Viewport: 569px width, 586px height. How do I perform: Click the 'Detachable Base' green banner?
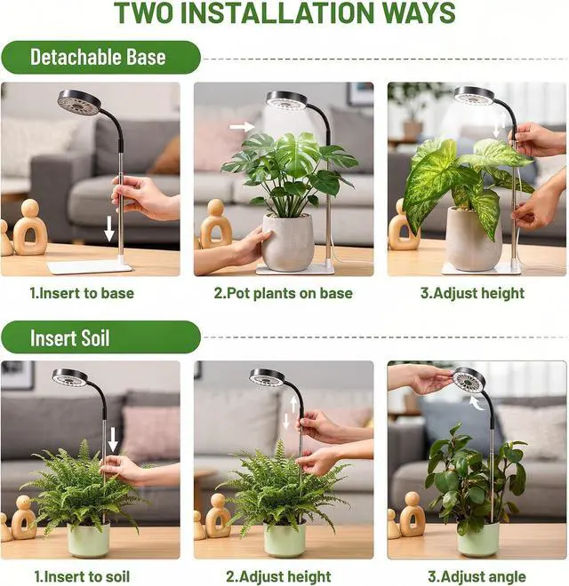pyautogui.click(x=100, y=57)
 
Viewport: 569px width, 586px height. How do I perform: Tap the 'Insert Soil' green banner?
pyautogui.click(x=100, y=337)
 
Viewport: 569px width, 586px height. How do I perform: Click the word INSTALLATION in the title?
pyautogui.click(x=280, y=13)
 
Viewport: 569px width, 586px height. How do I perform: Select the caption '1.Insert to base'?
pyautogui.click(x=82, y=293)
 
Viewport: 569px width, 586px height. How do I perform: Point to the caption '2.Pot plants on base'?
pyautogui.click(x=283, y=293)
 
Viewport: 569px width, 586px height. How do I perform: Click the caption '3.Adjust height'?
pyautogui.click(x=472, y=293)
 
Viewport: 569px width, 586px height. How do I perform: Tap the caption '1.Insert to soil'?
pyautogui.click(x=82, y=576)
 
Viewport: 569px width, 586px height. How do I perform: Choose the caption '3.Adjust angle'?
pyautogui.click(x=477, y=576)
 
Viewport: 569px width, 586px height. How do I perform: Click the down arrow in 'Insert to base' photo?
pyautogui.click(x=109, y=228)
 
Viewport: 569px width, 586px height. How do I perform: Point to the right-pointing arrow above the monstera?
pyautogui.click(x=242, y=127)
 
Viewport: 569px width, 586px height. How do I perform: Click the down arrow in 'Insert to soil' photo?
pyautogui.click(x=113, y=439)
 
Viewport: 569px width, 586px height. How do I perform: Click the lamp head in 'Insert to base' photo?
pyautogui.click(x=79, y=101)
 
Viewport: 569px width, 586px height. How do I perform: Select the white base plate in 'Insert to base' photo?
pyautogui.click(x=90, y=266)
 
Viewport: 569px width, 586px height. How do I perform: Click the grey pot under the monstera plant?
pyautogui.click(x=287, y=242)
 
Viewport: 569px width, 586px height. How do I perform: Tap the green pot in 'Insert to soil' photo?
pyautogui.click(x=89, y=540)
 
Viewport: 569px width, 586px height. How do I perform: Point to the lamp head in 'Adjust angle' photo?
pyautogui.click(x=469, y=383)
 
